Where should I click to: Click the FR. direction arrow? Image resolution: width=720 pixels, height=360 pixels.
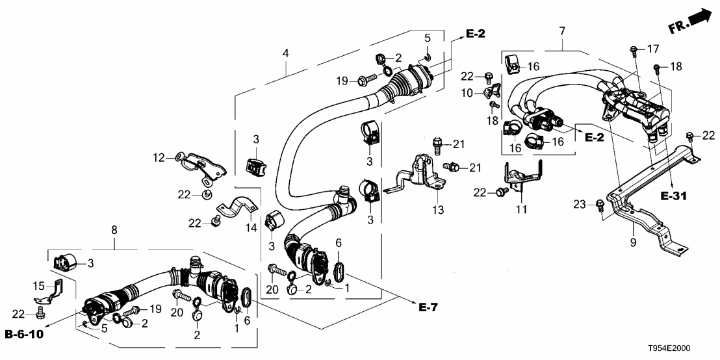689,21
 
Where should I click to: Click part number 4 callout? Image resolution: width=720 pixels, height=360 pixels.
285,54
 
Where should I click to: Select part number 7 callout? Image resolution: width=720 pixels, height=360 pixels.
561,30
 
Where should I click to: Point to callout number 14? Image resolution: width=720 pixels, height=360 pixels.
251,228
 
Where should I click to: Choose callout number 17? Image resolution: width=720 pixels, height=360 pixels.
652,48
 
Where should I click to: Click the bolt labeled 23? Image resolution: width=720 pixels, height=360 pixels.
600,206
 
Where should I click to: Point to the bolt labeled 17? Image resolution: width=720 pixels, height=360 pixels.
633,49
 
